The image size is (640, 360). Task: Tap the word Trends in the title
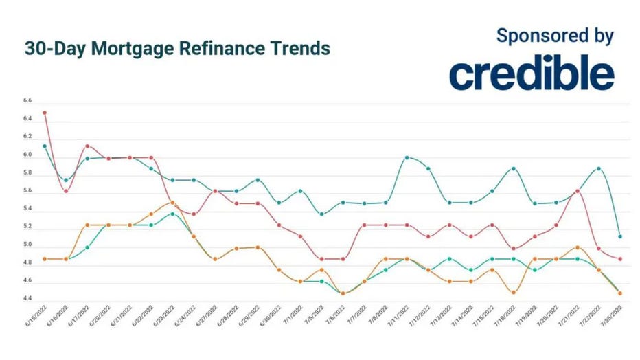click(299, 49)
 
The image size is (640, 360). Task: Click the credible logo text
click(532, 74)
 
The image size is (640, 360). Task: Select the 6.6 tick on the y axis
click(27, 101)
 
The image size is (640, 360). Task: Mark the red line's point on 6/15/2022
click(45, 113)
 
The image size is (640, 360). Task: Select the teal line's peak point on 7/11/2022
click(407, 158)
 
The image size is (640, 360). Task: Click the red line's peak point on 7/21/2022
click(578, 191)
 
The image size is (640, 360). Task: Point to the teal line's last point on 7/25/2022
click(621, 236)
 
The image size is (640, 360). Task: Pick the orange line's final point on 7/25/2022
click(621, 293)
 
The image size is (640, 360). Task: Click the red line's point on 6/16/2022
click(66, 191)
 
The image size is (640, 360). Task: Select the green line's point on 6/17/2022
click(87, 247)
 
